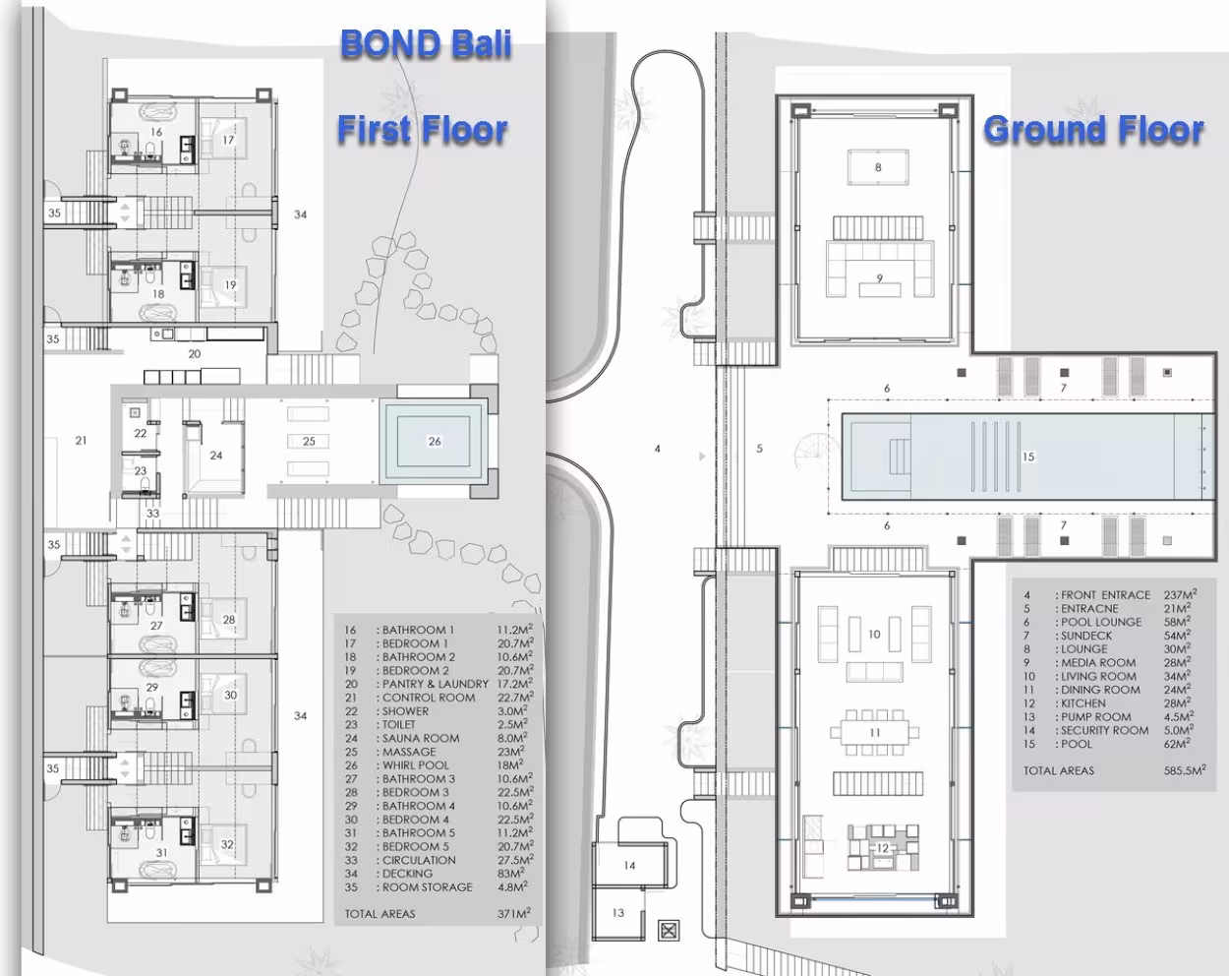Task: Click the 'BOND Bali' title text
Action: (426, 43)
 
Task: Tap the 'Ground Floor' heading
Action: (1093, 129)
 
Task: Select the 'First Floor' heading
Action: (422, 129)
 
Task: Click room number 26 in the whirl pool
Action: (435, 441)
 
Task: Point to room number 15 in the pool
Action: (1028, 457)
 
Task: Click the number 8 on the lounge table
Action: (878, 167)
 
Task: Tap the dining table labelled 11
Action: (874, 732)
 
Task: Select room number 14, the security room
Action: (629, 865)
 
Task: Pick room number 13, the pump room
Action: (617, 913)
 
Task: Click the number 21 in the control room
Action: (81, 440)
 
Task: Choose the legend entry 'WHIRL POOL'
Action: (415, 765)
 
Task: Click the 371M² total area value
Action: (513, 913)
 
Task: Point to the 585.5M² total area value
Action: (1185, 769)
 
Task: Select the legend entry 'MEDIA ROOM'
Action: (1098, 662)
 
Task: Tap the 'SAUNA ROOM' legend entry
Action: (421, 738)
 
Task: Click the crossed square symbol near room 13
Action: (669, 931)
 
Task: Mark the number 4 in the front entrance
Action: (658, 449)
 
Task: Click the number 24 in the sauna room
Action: (216, 456)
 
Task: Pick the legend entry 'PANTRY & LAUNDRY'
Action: (436, 684)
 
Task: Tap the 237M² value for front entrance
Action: (1180, 594)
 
